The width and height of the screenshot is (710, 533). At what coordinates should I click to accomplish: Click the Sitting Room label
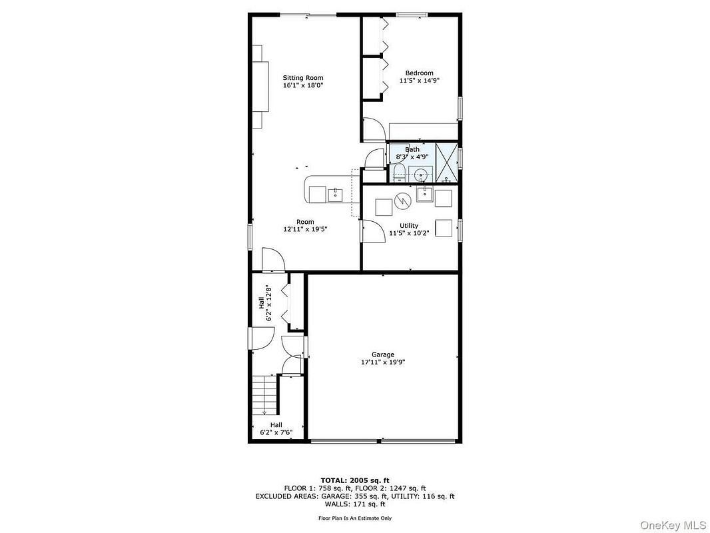pyautogui.click(x=303, y=77)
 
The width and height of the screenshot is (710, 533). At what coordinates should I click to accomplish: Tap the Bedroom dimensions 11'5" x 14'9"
pyautogui.click(x=420, y=81)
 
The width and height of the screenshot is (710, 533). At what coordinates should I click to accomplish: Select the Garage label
pyautogui.click(x=383, y=354)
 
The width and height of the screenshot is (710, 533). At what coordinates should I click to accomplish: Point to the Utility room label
pyautogui.click(x=409, y=225)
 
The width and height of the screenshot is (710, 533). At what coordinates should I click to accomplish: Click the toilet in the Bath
pyautogui.click(x=399, y=173)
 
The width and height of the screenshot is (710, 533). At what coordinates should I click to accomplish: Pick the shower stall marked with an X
pyautogui.click(x=446, y=162)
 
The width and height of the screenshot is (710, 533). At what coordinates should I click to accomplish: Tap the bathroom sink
pyautogui.click(x=421, y=174)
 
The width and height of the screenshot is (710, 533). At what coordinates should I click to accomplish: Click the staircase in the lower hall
pyautogui.click(x=264, y=395)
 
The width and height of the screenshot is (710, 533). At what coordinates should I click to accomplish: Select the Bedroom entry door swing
pyautogui.click(x=374, y=129)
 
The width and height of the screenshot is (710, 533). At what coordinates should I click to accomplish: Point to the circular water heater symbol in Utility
pyautogui.click(x=402, y=201)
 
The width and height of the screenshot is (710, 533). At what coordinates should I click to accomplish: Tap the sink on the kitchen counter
pyautogui.click(x=335, y=195)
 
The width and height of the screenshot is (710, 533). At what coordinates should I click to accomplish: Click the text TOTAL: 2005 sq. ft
pyautogui.click(x=355, y=480)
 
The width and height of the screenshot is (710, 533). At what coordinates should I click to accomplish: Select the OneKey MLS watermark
pyautogui.click(x=673, y=525)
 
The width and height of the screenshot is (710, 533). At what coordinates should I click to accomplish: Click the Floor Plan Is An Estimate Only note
pyautogui.click(x=355, y=518)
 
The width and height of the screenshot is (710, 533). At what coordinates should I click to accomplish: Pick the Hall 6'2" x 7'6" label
pyautogui.click(x=276, y=428)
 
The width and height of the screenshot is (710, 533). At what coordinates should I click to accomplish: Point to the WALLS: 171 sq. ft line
pyautogui.click(x=355, y=504)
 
